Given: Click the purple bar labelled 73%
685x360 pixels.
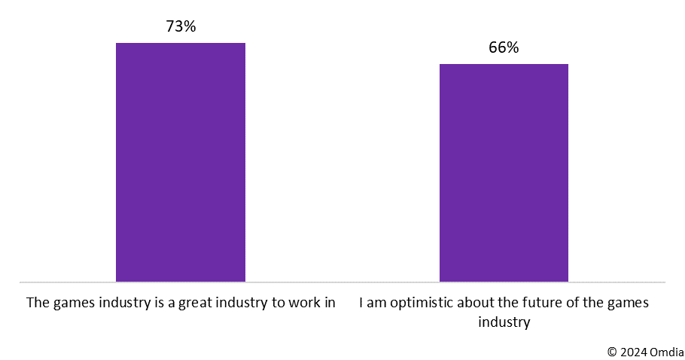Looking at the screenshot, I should point(180,162).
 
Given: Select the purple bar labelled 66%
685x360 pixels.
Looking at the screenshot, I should point(504,172).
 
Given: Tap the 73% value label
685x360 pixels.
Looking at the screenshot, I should point(181,27).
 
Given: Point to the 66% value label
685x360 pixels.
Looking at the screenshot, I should point(504,47).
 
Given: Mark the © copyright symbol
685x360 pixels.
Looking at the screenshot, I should point(612,351).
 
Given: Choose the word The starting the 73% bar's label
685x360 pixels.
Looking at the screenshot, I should point(37,304).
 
